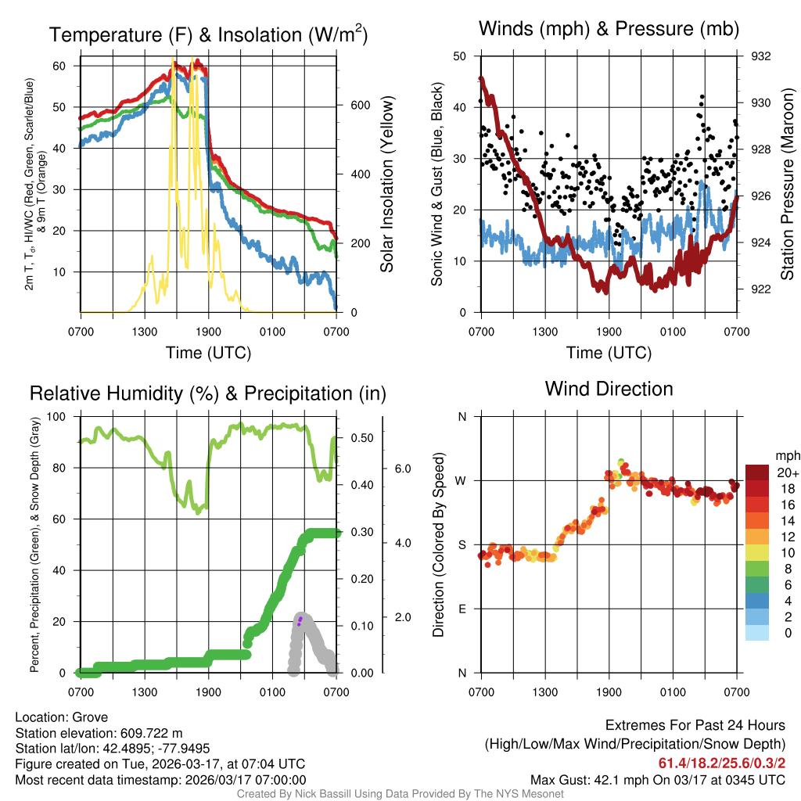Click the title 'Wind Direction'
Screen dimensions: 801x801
[609, 389]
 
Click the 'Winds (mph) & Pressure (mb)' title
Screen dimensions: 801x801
[609, 29]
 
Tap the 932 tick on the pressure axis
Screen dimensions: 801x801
[761, 56]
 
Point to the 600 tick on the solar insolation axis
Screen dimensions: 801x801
[359, 106]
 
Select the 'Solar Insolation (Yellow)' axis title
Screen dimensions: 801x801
[386, 185]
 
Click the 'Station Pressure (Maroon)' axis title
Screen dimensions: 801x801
[787, 185]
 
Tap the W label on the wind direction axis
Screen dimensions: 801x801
[462, 480]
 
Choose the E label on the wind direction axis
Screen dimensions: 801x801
[462, 609]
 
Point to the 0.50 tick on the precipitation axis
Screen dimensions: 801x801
[360, 438]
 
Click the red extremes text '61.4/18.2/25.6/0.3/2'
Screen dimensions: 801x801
[721, 763]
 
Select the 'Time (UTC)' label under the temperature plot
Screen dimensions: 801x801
[208, 353]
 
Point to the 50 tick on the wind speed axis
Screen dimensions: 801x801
[460, 56]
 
